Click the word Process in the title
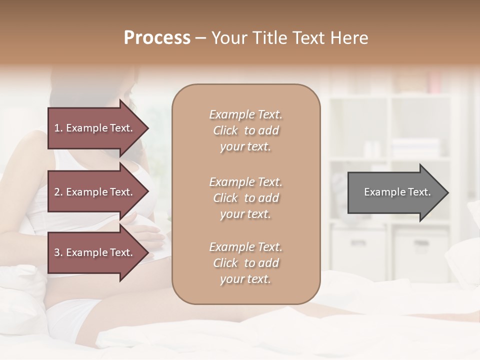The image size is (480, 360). (157, 38)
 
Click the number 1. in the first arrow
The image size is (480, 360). (58, 128)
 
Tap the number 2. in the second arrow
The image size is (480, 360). (58, 192)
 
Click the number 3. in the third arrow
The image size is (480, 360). (58, 252)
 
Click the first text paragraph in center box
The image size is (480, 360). (245, 130)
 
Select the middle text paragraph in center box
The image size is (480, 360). (245, 198)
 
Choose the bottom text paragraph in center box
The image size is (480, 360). (245, 263)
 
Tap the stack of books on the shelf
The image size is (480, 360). (415, 148)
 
